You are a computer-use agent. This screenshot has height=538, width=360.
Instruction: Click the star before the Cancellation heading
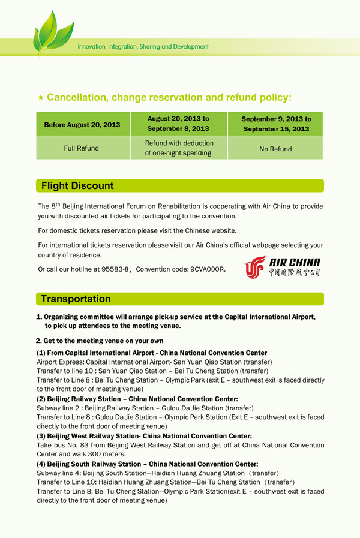pyautogui.click(x=40, y=97)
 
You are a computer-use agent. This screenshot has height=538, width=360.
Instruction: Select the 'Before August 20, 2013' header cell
pyautogui.click(x=82, y=125)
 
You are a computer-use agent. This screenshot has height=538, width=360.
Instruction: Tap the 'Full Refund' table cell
pyautogui.click(x=82, y=148)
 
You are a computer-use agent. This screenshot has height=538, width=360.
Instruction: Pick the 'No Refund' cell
pyautogui.click(x=275, y=149)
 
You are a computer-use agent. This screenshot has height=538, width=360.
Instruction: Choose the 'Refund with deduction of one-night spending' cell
pyautogui.click(x=178, y=148)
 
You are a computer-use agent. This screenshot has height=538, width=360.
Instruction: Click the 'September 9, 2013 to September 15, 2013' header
pyautogui.click(x=275, y=124)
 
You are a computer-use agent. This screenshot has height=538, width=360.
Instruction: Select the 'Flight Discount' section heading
pyautogui.click(x=77, y=186)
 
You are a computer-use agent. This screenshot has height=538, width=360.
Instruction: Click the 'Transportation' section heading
pyautogui.click(x=76, y=299)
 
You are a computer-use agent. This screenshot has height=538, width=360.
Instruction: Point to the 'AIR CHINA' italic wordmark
pyautogui.click(x=295, y=263)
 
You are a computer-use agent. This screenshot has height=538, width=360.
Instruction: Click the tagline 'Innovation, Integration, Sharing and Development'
pyautogui.click(x=143, y=46)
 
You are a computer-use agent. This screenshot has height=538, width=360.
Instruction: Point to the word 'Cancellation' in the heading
pyautogui.click(x=77, y=97)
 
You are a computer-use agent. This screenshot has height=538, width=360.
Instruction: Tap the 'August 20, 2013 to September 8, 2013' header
pyautogui.click(x=178, y=124)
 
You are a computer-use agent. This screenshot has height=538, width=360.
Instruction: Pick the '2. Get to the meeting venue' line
pyautogui.click(x=100, y=341)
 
